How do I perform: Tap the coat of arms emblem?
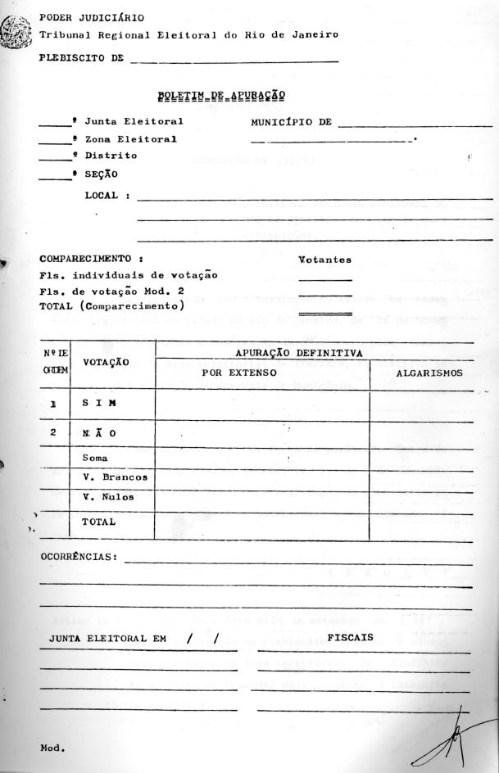coord(16,33)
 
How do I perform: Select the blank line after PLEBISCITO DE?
coord(234,61)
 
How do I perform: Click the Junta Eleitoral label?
coord(134,122)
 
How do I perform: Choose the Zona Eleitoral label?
coord(130,139)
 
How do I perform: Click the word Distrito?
coord(111,156)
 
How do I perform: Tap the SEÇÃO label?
coord(101,174)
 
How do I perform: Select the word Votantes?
coord(325,260)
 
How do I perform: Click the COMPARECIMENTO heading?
coord(85,259)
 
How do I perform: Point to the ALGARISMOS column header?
coord(429,373)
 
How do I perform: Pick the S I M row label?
coord(98,404)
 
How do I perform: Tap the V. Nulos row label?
coord(108,497)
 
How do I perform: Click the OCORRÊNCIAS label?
coord(79,558)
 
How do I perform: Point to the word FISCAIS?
coord(350,637)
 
